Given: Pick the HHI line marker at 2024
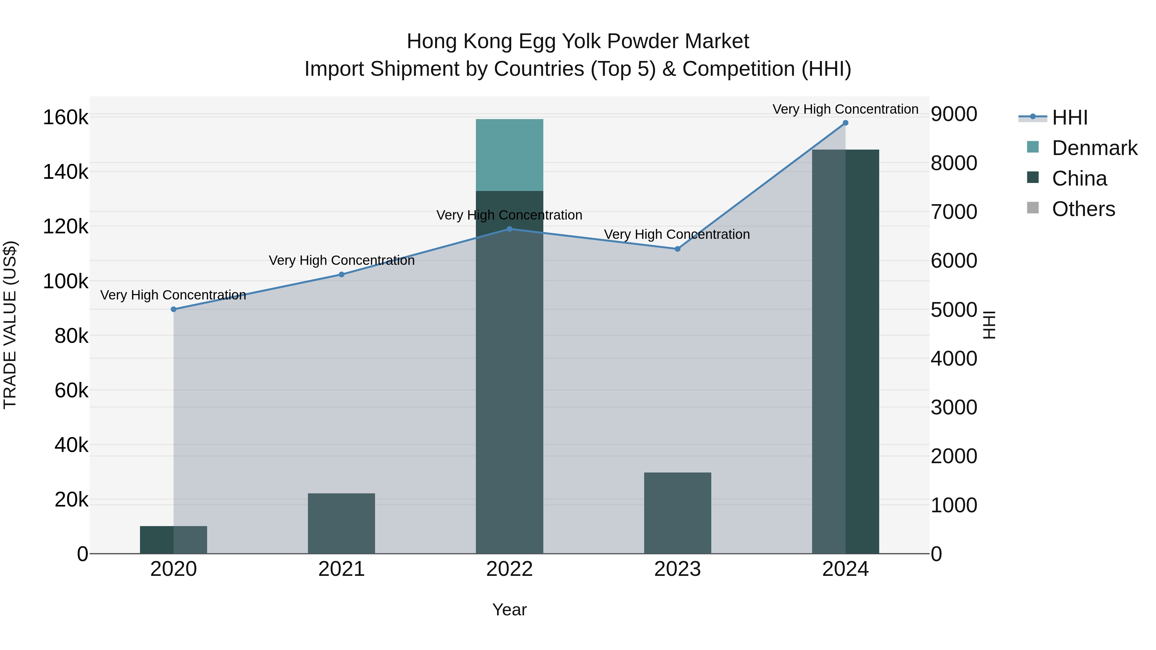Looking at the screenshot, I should click(x=845, y=123).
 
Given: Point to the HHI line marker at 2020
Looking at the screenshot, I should click(x=174, y=309).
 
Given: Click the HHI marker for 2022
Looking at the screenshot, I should click(x=509, y=229).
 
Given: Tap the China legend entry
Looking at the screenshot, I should click(x=1079, y=178).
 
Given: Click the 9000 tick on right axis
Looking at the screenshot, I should click(x=954, y=114).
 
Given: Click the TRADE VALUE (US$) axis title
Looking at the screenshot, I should click(x=10, y=325).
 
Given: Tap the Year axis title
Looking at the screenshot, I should click(x=509, y=610).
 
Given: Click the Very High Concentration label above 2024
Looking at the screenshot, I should click(x=845, y=109).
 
